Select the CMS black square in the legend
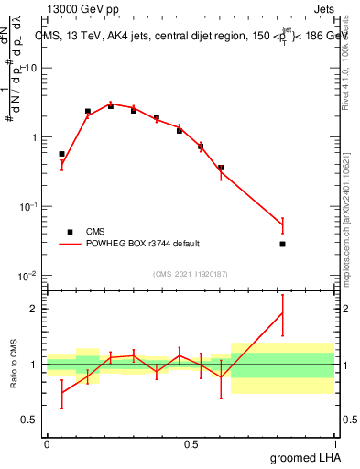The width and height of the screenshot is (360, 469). tap(70, 232)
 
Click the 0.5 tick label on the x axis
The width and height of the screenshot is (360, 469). tap(191, 443)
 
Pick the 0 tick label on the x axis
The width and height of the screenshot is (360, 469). tap(47, 443)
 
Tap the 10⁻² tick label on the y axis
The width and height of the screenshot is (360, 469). tap(27, 276)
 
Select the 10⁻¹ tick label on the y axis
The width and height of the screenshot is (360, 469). tap(27, 207)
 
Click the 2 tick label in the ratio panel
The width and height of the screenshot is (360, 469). tap(36, 309)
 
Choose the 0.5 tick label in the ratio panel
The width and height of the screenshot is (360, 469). tap(30, 420)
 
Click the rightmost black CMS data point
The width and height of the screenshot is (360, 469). tap(283, 244)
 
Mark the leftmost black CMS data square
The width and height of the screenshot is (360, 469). tap(61, 154)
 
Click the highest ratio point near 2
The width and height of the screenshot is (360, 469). tap(283, 313)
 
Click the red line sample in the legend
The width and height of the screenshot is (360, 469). tap(70, 244)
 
